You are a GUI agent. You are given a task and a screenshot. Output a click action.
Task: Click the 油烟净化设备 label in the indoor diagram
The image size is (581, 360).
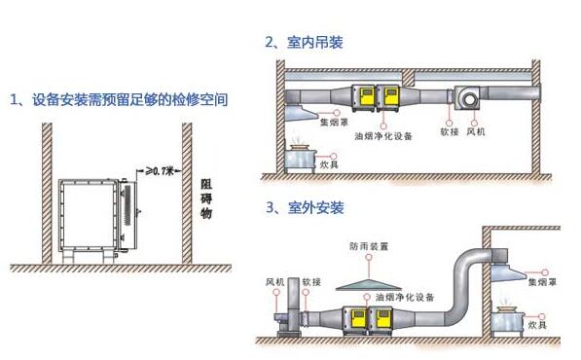point(392,136)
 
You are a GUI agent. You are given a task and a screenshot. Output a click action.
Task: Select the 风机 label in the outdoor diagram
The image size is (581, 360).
point(275,281)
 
